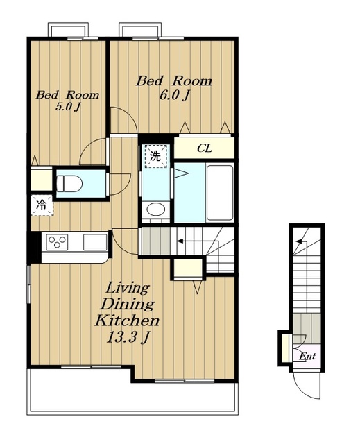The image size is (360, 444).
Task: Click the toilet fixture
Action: [x=69, y=184]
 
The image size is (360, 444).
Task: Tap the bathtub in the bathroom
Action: [x=220, y=193]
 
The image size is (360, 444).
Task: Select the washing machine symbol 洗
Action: [x=155, y=156]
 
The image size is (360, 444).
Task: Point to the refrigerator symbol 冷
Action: [x=42, y=205]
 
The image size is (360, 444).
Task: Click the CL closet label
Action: [x=205, y=148]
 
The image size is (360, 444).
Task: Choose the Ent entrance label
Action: [x=307, y=356]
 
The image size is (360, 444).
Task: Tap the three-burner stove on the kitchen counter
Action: [x=57, y=242]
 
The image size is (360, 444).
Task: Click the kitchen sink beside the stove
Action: [x=95, y=242]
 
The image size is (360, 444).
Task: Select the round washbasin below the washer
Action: [x=155, y=210]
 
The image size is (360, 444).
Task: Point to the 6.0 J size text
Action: [x=174, y=96]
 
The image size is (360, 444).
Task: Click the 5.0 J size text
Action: [x=68, y=107]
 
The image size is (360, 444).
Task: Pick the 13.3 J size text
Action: [x=128, y=337]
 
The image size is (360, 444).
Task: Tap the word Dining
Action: [x=128, y=305]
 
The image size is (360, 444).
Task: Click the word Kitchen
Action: [x=127, y=321]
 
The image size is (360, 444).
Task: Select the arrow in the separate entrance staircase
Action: [x=300, y=241]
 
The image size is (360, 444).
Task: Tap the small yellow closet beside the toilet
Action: [x=42, y=180]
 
